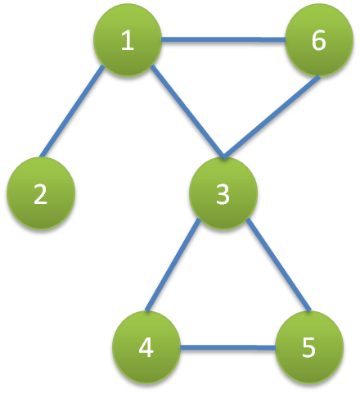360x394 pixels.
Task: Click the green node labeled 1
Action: point(128,40)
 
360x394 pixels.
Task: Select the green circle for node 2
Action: point(41,193)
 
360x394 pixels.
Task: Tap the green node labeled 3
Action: point(223,193)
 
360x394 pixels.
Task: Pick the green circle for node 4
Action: point(146,346)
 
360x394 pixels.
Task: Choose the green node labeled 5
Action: point(309,346)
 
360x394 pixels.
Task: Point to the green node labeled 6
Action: point(319,40)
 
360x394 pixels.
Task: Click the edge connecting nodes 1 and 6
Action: point(223,40)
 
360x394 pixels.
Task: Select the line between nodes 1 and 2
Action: point(72,111)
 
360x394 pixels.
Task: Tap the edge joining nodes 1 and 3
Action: point(187,111)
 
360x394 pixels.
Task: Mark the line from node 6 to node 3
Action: point(272,117)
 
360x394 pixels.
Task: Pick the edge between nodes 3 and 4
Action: point(173,265)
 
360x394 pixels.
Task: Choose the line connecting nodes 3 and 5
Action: point(278,265)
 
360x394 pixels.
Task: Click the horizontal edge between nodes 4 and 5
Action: point(227,347)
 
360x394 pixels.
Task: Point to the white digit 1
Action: point(128,40)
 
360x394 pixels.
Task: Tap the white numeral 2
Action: point(40,193)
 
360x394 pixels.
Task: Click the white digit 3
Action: point(223,193)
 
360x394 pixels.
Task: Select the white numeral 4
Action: point(146,347)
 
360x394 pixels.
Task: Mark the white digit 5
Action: point(308,347)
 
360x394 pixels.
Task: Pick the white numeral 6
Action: point(318,40)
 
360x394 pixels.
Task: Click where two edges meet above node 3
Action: point(223,157)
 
